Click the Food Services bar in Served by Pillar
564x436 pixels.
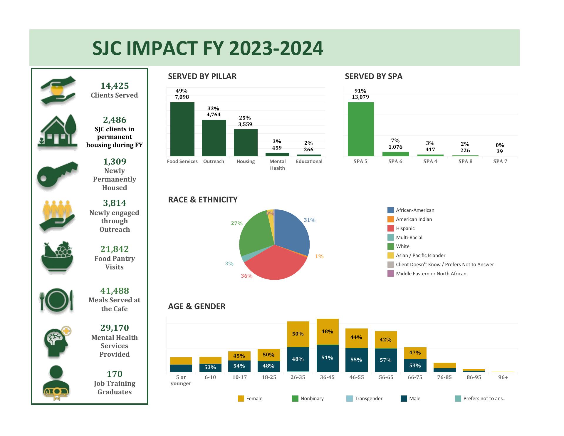(x=182, y=129)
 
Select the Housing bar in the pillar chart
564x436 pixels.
(x=246, y=143)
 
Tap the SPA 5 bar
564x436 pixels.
(x=361, y=129)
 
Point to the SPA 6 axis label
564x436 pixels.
(x=395, y=161)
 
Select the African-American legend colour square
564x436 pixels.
(x=390, y=210)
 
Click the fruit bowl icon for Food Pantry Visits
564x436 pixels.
(x=57, y=258)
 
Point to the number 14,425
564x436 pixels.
(x=115, y=86)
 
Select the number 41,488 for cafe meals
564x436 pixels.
(x=115, y=291)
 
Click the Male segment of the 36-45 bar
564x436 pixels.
(x=328, y=358)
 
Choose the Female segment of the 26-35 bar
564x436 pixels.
(x=298, y=334)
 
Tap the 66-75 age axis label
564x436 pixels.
(x=415, y=377)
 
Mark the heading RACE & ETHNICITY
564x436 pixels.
(x=203, y=200)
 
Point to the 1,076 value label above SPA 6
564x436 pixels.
(x=395, y=147)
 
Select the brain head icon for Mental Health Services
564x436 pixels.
(x=58, y=342)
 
